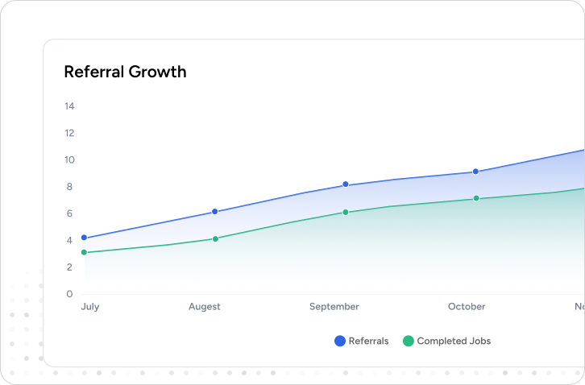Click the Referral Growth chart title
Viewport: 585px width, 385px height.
[x=125, y=72]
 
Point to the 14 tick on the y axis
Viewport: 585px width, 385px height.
[x=69, y=106]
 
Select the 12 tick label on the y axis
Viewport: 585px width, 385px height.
[x=69, y=133]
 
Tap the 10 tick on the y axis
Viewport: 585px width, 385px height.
[x=69, y=159]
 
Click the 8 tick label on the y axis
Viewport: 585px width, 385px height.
[x=69, y=187]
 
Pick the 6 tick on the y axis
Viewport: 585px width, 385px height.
[x=69, y=213]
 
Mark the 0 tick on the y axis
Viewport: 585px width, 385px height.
[x=69, y=294]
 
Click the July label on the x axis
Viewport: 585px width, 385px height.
[x=89, y=307]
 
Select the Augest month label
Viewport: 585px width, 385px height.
[x=204, y=307]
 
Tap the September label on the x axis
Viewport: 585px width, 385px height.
[x=334, y=307]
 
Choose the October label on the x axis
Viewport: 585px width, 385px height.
[x=467, y=307]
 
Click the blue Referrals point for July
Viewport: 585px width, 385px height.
[x=84, y=238]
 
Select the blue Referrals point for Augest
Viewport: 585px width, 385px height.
[x=215, y=212]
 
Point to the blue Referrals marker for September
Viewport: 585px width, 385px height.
[x=346, y=184]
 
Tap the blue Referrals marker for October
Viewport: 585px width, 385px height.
[x=476, y=172]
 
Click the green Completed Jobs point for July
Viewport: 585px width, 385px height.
[x=84, y=253]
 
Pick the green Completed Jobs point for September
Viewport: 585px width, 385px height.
[x=346, y=213]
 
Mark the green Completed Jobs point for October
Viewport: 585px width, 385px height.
[x=476, y=198]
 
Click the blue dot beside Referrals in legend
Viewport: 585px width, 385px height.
[x=340, y=341]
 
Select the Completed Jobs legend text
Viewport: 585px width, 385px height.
[x=454, y=341]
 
